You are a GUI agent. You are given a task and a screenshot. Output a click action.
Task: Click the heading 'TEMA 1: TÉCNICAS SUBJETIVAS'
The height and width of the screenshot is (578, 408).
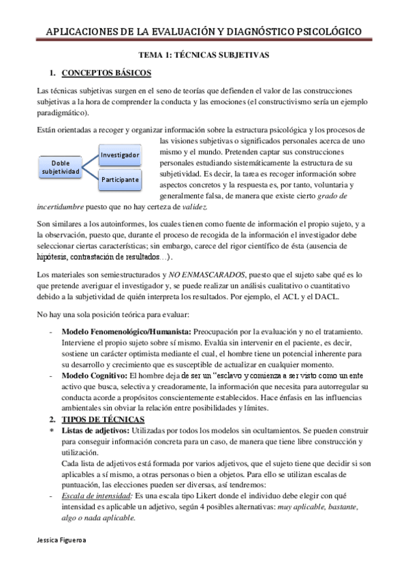click(x=204, y=54)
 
